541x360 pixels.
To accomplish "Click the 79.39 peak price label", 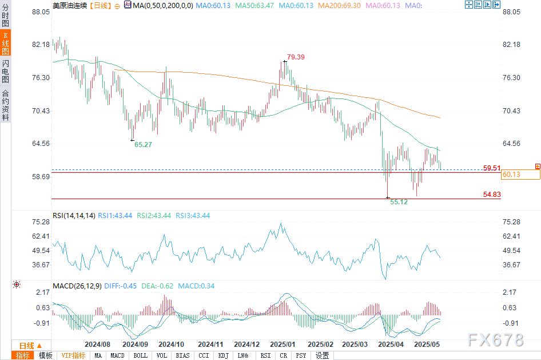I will [x=296, y=57].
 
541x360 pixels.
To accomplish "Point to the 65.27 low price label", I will [x=143, y=145].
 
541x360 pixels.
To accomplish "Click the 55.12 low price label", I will [x=399, y=202].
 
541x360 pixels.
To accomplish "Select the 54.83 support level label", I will [x=492, y=195].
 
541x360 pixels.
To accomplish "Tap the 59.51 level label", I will [x=492, y=168].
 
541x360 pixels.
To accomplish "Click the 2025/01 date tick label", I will [x=283, y=345].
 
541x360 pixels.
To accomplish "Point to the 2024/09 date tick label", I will [x=136, y=345].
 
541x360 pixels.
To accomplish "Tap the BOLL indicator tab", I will [x=140, y=355].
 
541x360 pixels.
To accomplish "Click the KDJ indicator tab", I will [x=223, y=355].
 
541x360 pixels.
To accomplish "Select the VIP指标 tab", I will [x=74, y=355].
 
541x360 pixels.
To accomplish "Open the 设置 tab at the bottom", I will [x=322, y=355].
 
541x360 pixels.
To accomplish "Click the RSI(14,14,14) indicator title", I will [x=74, y=216].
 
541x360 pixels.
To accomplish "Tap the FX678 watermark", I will [x=495, y=341].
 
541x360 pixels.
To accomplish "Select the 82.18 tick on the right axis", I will [x=513, y=45].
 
